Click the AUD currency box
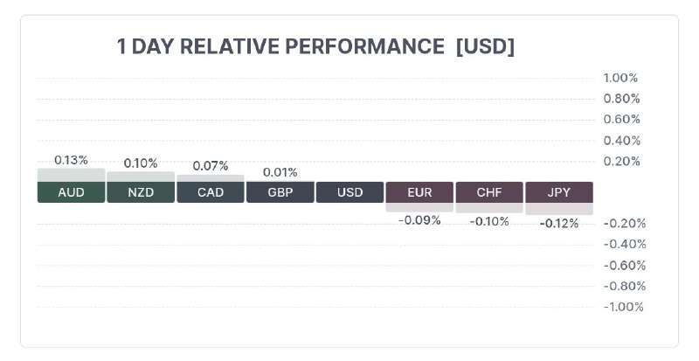(x=72, y=192)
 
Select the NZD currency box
(x=141, y=192)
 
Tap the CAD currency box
(x=211, y=192)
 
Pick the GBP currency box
(x=280, y=192)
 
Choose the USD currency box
(x=350, y=192)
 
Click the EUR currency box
(x=419, y=192)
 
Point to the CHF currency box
(x=489, y=192)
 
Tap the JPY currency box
(x=559, y=192)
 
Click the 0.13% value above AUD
(x=71, y=160)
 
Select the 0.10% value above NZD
(x=141, y=163)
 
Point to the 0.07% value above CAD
(x=211, y=166)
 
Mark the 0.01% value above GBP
(x=280, y=172)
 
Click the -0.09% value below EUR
(x=419, y=220)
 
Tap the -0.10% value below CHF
(x=489, y=221)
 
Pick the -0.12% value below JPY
(x=559, y=224)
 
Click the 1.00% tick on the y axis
(x=620, y=78)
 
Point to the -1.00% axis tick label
(x=623, y=307)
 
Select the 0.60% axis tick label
(x=622, y=120)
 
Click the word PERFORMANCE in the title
(x=364, y=46)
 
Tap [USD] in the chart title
(x=485, y=46)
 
